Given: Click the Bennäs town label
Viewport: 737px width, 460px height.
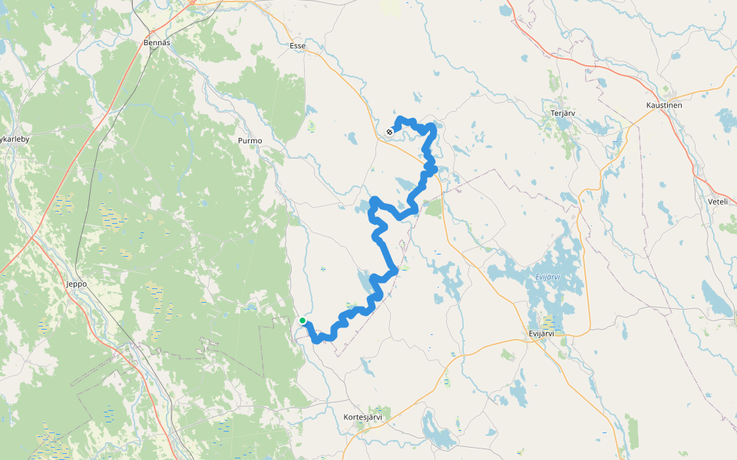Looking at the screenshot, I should point(156,43).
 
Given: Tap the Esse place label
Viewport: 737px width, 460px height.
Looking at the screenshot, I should point(297,46).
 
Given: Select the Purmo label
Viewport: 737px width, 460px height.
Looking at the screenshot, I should point(250,141).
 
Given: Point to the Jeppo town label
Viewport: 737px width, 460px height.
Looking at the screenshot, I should point(77,284).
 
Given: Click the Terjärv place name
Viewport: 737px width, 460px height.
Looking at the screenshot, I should point(563,113).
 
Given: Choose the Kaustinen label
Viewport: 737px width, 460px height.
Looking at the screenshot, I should point(665,104).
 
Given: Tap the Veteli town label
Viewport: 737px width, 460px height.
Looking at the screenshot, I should point(717,202).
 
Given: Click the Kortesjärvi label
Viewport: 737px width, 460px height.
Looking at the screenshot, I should point(363,417).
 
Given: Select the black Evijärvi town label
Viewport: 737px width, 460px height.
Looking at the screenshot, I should point(547,333).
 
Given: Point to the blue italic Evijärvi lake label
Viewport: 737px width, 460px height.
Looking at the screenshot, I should point(548,277).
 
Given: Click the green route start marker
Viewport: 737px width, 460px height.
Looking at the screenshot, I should point(302,320).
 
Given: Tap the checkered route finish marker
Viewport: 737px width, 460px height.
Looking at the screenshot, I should point(390,132).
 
